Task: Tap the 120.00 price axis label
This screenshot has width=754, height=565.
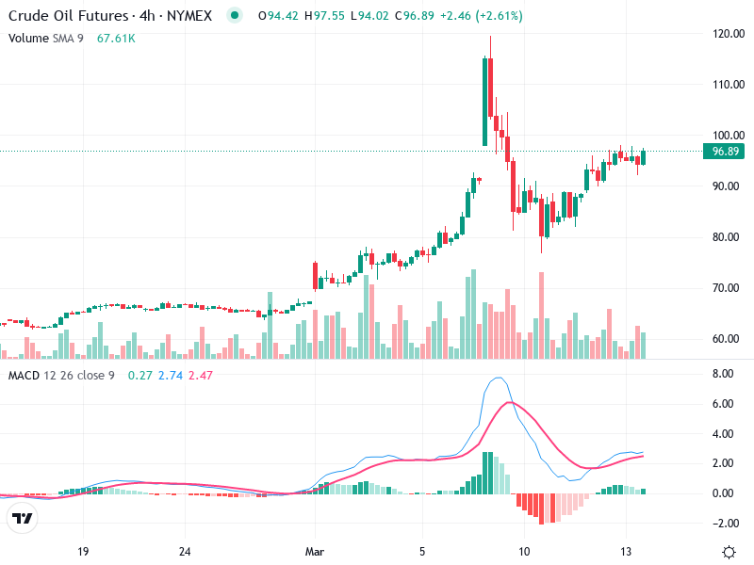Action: coord(729,34)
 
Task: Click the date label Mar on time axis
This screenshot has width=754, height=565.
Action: coord(314,551)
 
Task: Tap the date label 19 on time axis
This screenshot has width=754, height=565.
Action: coord(83,551)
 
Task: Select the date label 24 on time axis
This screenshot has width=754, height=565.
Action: coord(186,551)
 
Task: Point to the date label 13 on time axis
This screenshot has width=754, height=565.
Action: coord(626,551)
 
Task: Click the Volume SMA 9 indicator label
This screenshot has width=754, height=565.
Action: coord(47,38)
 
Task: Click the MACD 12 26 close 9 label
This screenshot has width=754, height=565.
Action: coord(61,376)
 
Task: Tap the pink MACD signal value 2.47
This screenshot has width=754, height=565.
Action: coord(202,376)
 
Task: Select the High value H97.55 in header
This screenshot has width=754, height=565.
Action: coord(329,15)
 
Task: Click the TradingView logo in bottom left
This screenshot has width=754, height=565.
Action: coord(23,519)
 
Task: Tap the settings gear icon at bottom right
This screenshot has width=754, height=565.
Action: coord(729,551)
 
